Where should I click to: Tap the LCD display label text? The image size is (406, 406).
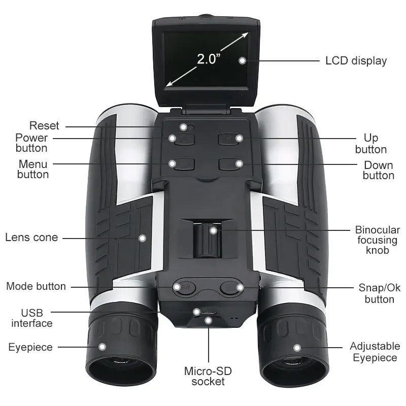[x=356, y=61]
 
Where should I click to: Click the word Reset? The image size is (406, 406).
[x=44, y=125]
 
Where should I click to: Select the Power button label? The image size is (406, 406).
[x=31, y=143]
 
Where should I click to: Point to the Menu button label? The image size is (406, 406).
[x=33, y=169]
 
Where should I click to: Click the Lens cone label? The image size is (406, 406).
[x=31, y=237]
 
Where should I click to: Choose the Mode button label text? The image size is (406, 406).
[x=36, y=286]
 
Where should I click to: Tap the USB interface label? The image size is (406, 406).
[x=32, y=318]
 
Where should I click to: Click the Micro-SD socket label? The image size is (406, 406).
[x=208, y=376]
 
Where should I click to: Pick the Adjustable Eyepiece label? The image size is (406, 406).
[x=375, y=352]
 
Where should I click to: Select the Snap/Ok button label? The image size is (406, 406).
[x=379, y=293]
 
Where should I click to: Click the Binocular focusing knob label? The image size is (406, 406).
[x=378, y=240]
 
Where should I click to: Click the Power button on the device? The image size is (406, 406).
[x=179, y=138]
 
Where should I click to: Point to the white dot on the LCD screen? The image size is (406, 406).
[x=243, y=60]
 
